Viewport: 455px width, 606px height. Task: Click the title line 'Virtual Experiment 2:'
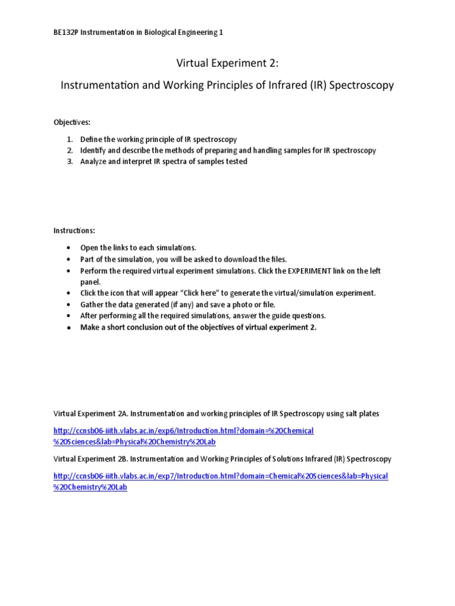(x=227, y=63)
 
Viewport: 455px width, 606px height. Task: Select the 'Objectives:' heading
(x=72, y=122)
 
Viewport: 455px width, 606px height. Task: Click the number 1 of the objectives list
(x=69, y=139)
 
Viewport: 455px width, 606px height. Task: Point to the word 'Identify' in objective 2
(x=94, y=150)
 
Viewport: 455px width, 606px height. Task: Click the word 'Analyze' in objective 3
(x=94, y=162)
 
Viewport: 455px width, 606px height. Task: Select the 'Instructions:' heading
(x=74, y=230)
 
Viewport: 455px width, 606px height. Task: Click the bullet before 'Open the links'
(x=69, y=248)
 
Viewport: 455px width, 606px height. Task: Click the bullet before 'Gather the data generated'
(x=69, y=305)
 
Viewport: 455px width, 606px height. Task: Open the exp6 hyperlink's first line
(x=184, y=431)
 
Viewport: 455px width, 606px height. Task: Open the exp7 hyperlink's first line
(x=220, y=476)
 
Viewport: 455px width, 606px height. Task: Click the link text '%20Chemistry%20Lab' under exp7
(x=90, y=487)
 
